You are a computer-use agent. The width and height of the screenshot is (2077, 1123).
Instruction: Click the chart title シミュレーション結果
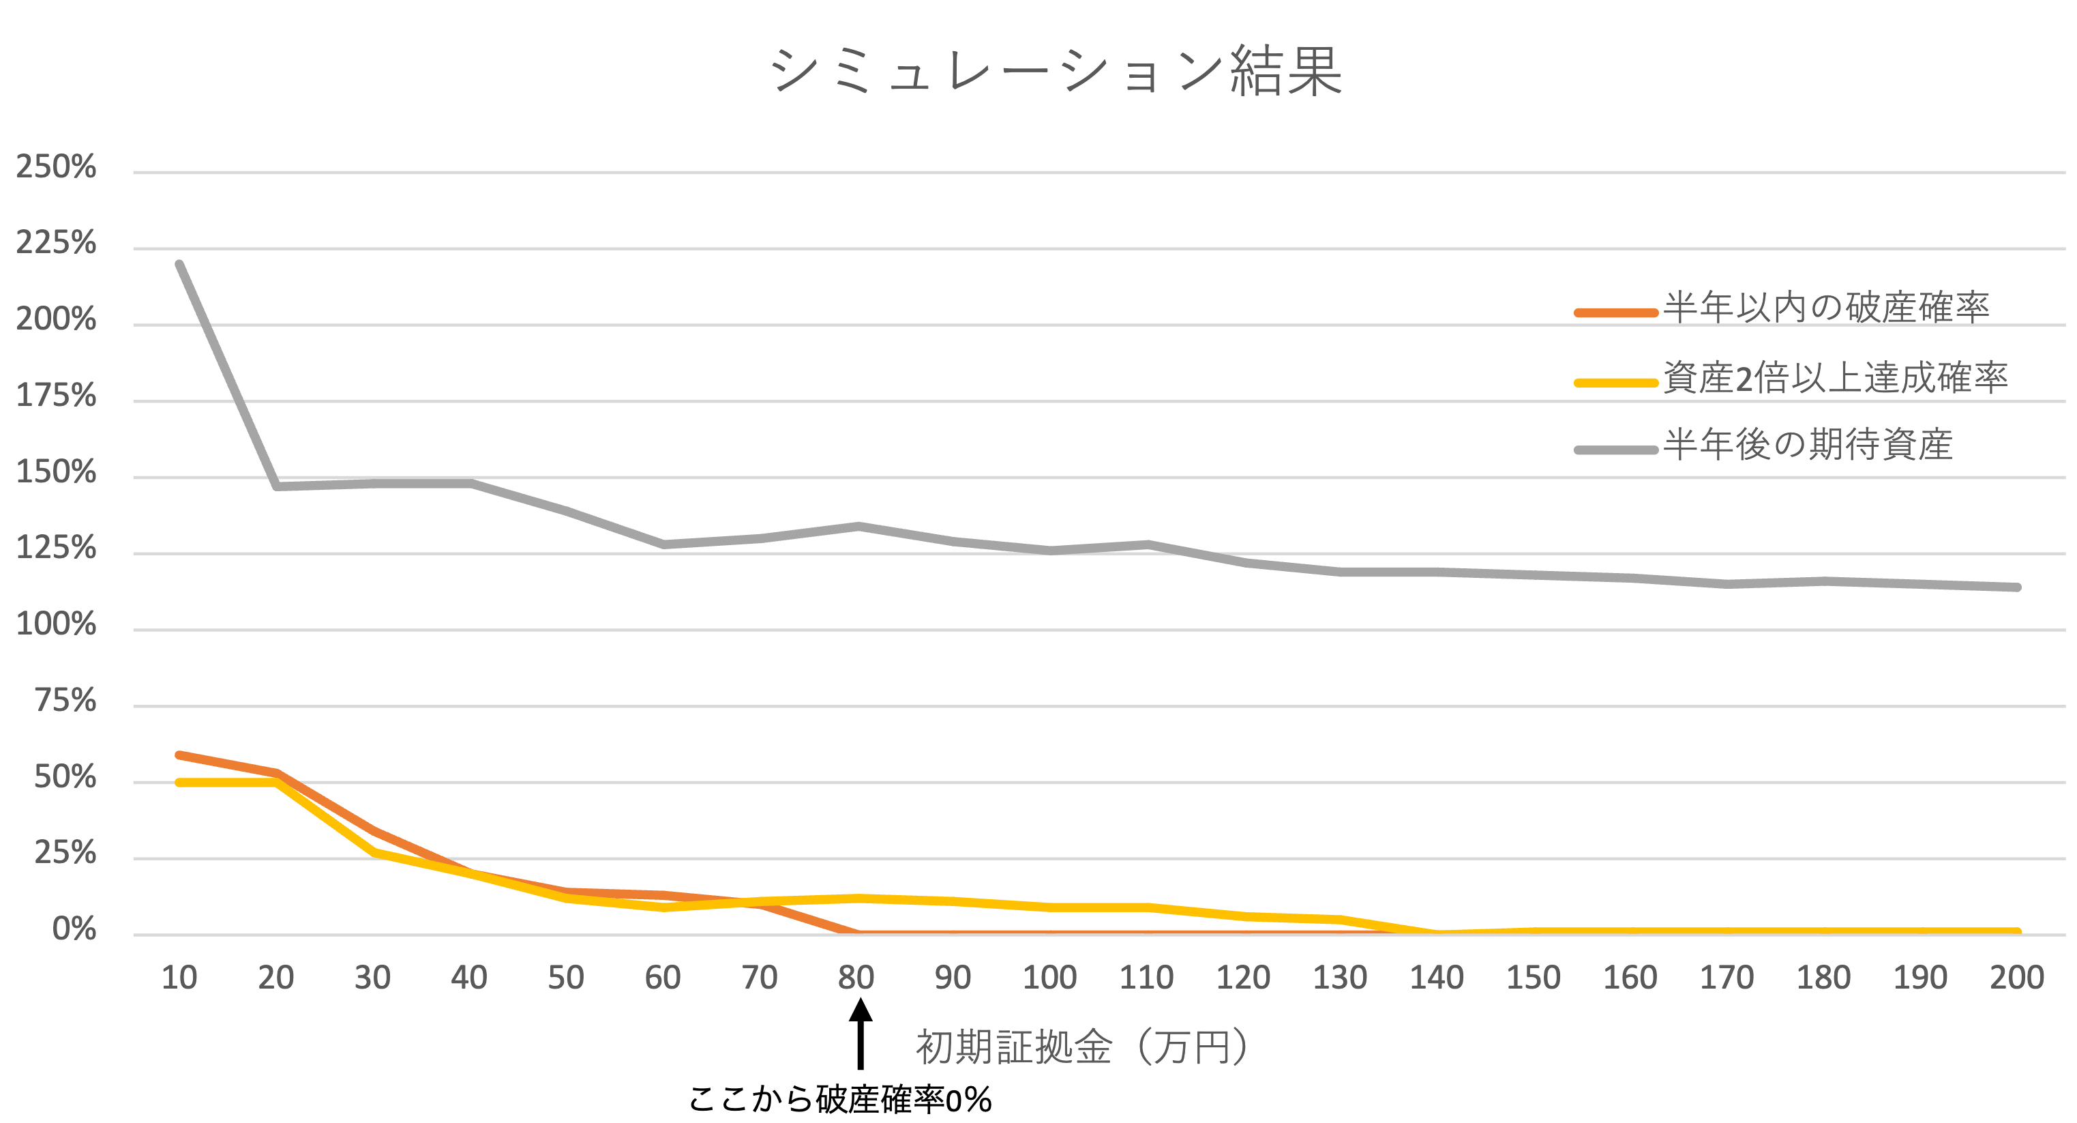[x=1056, y=71]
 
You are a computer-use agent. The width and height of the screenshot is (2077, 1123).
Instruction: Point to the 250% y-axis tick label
[x=56, y=167]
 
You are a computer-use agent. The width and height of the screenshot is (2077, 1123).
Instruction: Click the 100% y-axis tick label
[x=56, y=624]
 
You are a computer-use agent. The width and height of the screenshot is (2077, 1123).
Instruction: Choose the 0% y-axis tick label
[x=74, y=929]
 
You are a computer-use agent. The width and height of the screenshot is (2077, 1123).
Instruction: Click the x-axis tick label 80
[x=856, y=978]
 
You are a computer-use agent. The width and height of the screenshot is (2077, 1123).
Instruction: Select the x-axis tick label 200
[x=2016, y=978]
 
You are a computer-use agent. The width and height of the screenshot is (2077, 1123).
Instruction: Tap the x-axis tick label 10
[x=179, y=978]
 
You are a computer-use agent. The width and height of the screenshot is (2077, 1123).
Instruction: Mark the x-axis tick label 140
[x=1436, y=978]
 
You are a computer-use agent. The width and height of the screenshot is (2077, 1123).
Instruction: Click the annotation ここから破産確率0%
[x=839, y=1100]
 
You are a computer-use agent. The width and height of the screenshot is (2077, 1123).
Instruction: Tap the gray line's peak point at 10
[x=179, y=264]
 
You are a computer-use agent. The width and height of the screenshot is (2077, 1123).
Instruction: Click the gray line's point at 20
[x=277, y=486]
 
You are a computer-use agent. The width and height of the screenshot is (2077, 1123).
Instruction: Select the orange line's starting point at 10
[x=179, y=755]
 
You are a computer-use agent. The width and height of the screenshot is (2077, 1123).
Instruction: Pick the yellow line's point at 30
[x=375, y=853]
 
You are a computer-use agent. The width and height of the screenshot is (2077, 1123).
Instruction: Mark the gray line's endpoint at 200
[x=2016, y=587]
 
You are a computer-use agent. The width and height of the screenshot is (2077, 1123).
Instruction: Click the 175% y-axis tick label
[x=56, y=396]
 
